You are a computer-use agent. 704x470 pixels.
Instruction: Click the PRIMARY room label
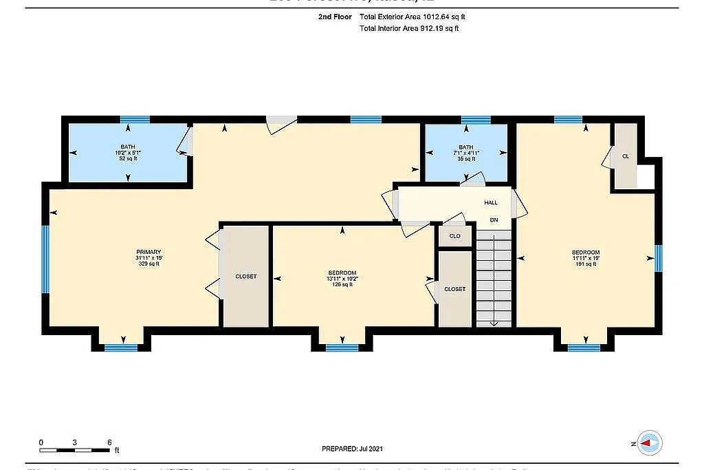148,252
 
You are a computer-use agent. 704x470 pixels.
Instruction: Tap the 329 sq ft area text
148,264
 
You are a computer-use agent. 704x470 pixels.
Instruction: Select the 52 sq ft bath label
128,152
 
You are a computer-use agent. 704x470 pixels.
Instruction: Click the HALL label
490,203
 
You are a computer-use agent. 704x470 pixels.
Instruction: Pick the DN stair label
493,220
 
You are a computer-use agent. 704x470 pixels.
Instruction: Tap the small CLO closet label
454,236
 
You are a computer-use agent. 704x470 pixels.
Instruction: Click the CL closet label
625,156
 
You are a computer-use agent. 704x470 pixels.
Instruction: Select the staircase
494,279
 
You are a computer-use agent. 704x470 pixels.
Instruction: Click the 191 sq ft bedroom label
586,258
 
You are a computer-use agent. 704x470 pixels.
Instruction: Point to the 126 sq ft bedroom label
342,279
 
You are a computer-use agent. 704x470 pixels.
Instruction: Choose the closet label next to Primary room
245,277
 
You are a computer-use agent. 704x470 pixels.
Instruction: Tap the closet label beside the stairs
454,289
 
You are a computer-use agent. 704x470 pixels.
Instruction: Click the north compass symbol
649,444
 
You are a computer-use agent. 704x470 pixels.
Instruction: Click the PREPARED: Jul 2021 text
352,449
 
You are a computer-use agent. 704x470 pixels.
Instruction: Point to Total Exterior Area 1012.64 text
417,17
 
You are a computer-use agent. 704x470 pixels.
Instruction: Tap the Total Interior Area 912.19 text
409,29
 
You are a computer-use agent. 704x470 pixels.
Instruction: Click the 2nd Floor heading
333,17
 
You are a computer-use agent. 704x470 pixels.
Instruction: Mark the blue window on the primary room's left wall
45,259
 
